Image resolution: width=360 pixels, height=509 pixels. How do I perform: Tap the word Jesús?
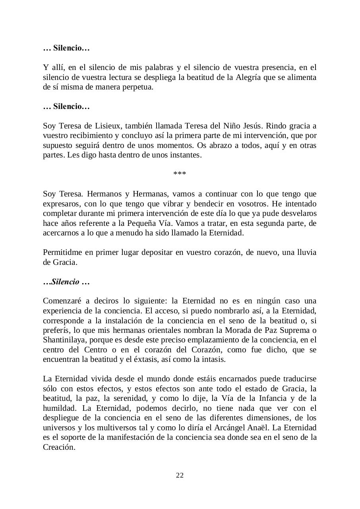pyautogui.click(x=252, y=126)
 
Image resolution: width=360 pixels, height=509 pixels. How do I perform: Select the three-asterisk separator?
pyautogui.click(x=180, y=174)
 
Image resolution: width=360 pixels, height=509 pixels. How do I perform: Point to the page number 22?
pyautogui.click(x=180, y=476)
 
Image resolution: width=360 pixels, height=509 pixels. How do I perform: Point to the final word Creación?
pyautogui.click(x=59, y=447)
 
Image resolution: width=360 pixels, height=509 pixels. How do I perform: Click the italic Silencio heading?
pyautogui.click(x=66, y=282)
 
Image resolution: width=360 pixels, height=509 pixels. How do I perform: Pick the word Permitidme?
pyautogui.click(x=62, y=253)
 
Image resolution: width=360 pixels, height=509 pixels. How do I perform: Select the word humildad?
pyautogui.click(x=59, y=408)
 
